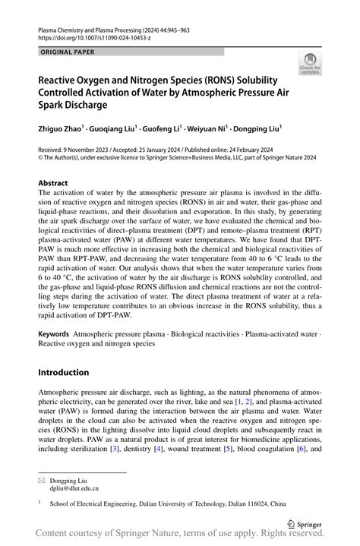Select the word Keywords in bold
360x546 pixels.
[x=53, y=334]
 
